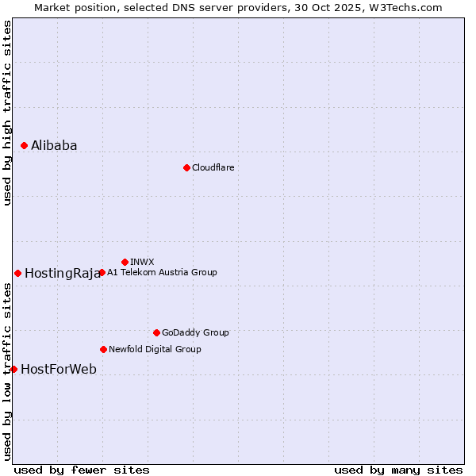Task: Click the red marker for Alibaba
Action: tap(25, 145)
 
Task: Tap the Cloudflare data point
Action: tap(186, 167)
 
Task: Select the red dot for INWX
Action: tap(125, 262)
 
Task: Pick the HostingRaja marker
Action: tap(17, 273)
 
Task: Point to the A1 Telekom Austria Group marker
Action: tap(102, 272)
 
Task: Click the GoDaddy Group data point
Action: tap(156, 332)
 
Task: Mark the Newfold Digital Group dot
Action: tap(103, 349)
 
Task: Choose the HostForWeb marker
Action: tap(13, 369)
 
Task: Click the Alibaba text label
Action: tap(54, 145)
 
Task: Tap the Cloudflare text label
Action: tap(213, 167)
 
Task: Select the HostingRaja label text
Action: tap(62, 274)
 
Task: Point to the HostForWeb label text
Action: tap(59, 369)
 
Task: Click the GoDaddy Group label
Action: tap(195, 332)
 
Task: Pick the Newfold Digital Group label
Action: tap(155, 349)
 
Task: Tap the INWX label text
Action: tap(142, 262)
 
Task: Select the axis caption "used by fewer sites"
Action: tap(82, 470)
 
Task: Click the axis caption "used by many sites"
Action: tap(398, 470)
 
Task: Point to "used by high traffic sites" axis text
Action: tap(7, 113)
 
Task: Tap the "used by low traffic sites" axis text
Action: tap(7, 372)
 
